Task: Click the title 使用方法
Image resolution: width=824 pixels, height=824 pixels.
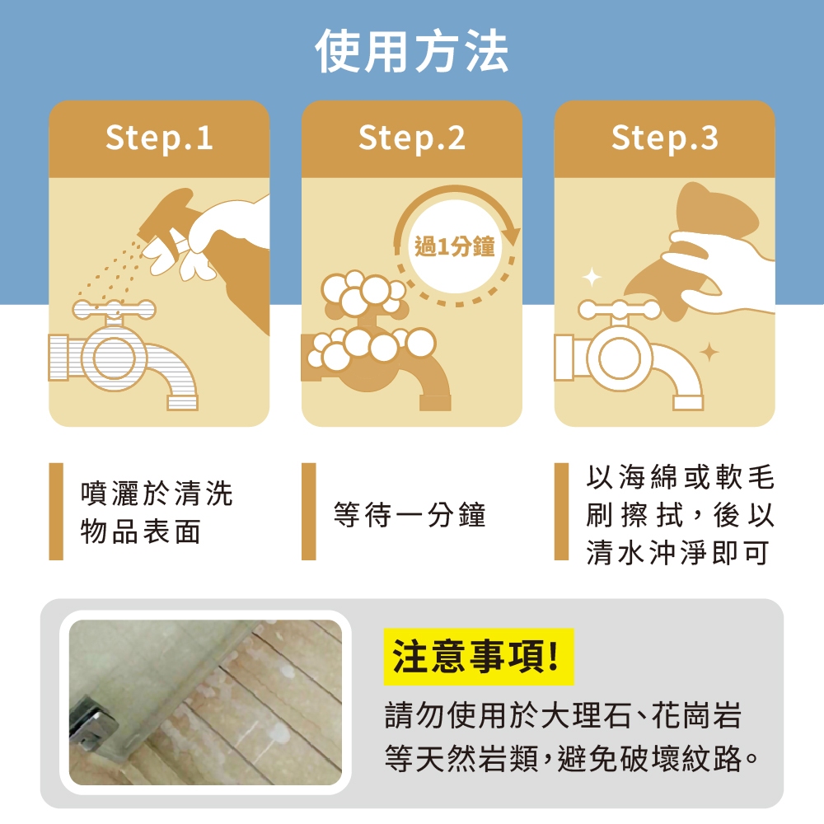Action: [411, 51]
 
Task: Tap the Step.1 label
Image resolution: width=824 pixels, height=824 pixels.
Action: [159, 138]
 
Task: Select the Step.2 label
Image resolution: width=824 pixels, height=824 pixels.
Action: [412, 138]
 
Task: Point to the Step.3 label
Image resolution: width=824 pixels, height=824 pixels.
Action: [665, 138]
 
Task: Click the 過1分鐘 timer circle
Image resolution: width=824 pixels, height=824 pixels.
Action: [455, 246]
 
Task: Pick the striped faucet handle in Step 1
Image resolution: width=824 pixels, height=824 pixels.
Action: [114, 310]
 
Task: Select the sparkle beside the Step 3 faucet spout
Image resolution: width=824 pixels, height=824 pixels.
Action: [709, 352]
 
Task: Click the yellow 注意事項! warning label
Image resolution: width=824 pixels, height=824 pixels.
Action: [478, 657]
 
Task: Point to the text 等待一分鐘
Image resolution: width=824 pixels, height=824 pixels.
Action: [410, 514]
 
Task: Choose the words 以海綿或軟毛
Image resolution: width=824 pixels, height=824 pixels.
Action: [681, 477]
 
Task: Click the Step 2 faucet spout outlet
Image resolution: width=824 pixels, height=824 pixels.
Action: [435, 403]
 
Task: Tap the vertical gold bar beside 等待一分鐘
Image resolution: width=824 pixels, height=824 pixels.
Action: [309, 512]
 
